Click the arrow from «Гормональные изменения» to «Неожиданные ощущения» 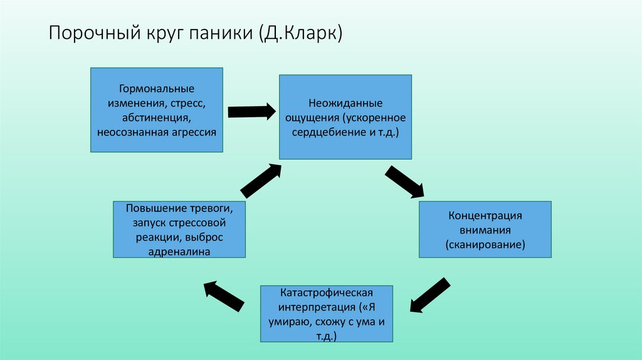point(251,112)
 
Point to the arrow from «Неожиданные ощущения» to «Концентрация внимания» point(404,182)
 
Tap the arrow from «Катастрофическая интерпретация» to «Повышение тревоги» point(223,294)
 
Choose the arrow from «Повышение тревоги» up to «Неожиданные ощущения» point(261,180)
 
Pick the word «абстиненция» point(156,117)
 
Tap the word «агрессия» point(189,132)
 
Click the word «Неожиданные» point(345,102)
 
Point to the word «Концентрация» point(485,215)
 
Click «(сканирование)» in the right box point(485,245)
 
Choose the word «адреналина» point(179,251)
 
